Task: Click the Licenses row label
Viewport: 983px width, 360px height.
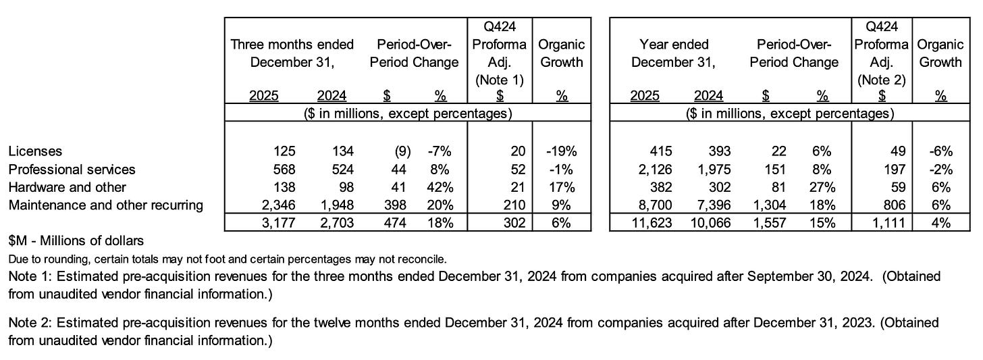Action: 35,151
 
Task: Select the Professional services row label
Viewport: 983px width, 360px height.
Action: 72,170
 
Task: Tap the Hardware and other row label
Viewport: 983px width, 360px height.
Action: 67,188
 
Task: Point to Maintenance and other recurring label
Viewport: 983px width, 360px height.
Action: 106,205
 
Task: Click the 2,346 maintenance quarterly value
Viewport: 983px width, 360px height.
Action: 278,205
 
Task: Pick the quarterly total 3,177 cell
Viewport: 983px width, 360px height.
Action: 278,223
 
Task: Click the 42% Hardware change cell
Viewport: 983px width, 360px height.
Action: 440,188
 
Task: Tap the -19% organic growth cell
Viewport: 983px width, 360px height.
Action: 561,151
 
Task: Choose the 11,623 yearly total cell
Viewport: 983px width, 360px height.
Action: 652,223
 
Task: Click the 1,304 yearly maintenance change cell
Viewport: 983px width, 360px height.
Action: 769,205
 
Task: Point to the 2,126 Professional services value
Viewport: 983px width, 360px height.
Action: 655,170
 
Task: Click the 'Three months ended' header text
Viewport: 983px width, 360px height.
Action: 292,45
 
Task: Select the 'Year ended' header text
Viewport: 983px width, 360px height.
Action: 674,45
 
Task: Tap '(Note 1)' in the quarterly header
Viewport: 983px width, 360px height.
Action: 500,80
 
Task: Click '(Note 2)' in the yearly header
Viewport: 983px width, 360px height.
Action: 881,80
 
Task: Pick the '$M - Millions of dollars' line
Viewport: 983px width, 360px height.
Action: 76,240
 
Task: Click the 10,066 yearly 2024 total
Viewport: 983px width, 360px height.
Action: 710,223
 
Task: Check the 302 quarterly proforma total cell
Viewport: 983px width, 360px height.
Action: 514,223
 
